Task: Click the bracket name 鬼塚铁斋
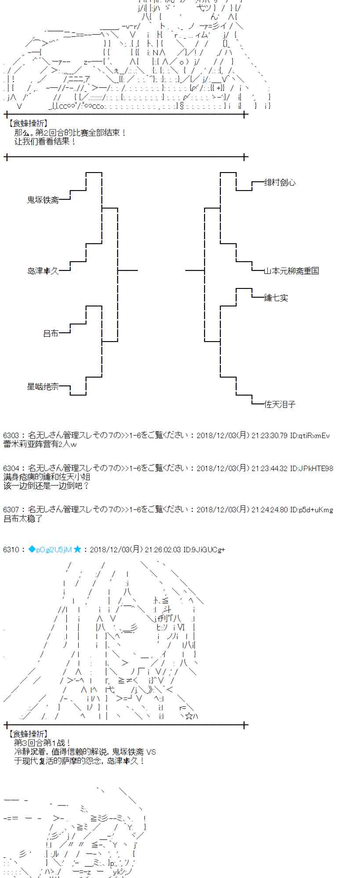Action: tap(43, 200)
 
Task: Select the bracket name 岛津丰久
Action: tap(43, 271)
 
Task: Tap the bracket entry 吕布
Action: tap(50, 334)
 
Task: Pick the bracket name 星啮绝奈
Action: tap(43, 387)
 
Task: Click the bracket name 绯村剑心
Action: tap(280, 183)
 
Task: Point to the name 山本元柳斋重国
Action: tap(291, 271)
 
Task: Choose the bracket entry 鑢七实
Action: tap(276, 298)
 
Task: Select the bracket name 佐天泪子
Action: tap(280, 404)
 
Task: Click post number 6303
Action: tap(11, 436)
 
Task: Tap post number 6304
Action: tap(11, 468)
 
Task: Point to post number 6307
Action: tap(11, 510)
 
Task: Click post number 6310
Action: tap(11, 549)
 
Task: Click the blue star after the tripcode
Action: tap(77, 549)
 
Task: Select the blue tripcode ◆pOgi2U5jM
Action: tap(49, 549)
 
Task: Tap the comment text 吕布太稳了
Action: tap(23, 519)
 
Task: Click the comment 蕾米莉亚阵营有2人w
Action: tap(40, 444)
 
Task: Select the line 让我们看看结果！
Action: tap(45, 142)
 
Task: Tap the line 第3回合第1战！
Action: tap(42, 743)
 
